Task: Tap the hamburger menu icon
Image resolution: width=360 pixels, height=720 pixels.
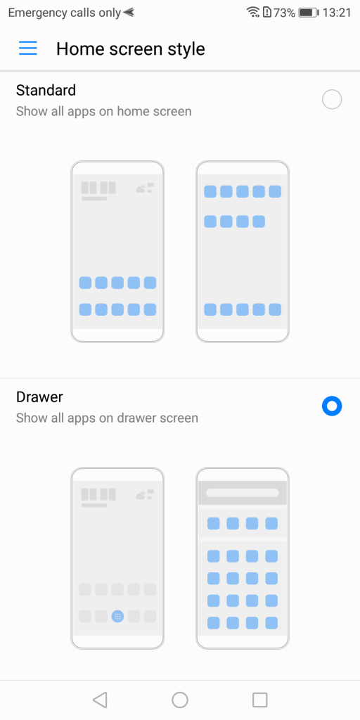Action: pos(28,49)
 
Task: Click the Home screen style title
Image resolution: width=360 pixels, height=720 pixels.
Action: pos(130,49)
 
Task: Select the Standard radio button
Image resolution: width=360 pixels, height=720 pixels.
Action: pos(332,100)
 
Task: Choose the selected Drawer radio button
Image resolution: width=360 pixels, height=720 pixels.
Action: pos(332,406)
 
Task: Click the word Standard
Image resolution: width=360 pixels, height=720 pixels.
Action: pos(46,90)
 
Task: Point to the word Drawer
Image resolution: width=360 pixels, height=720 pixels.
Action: pos(39,397)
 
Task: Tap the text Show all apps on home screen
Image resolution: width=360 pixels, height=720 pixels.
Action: pos(104,111)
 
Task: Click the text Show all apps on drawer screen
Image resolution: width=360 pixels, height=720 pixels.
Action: pos(107,418)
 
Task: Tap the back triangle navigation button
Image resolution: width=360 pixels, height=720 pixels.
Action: pos(100,700)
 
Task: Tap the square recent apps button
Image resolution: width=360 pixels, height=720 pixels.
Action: pos(260,700)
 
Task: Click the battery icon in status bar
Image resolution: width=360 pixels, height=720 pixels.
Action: pos(309,13)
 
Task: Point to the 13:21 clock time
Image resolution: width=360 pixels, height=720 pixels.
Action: pos(337,13)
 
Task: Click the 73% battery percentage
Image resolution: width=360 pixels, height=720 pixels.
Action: pos(284,13)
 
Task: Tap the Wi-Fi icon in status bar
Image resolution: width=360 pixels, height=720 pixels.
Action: pos(253,13)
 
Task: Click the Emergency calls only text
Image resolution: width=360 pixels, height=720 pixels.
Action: pos(65,13)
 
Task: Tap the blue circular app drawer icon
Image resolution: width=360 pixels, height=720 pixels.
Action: pos(117,616)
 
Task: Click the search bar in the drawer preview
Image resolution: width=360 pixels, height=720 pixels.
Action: pos(243,493)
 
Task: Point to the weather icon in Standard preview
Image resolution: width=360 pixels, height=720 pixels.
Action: pos(145,188)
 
